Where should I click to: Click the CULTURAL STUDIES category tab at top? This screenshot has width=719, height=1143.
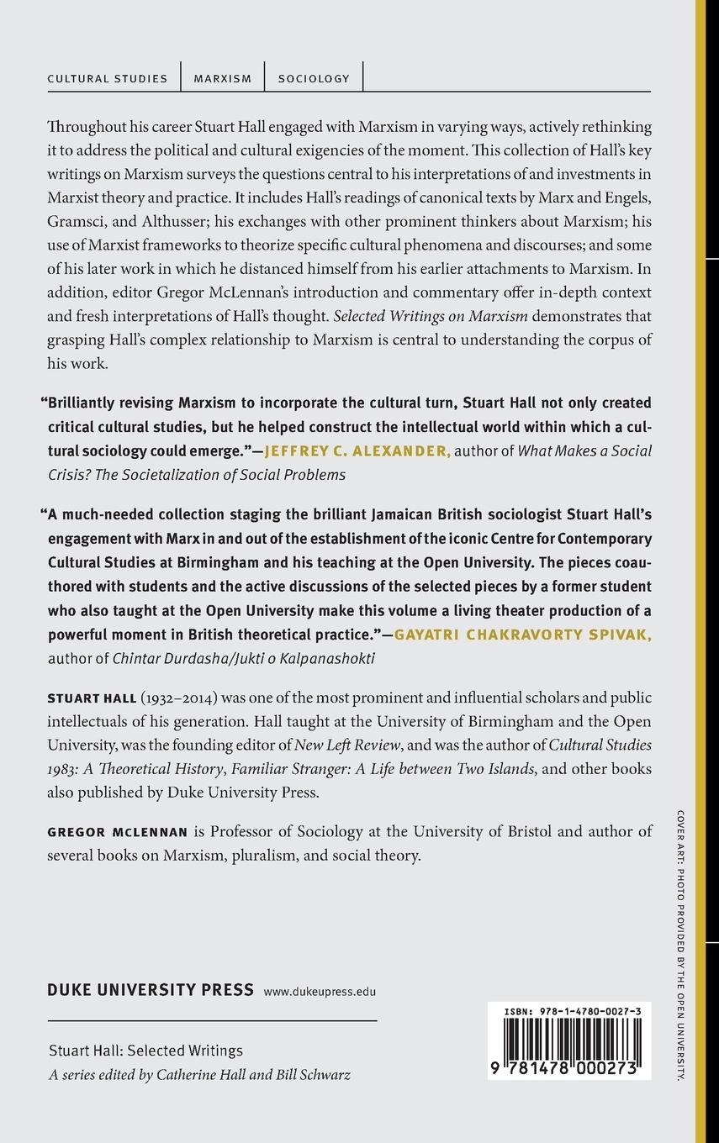coord(108,78)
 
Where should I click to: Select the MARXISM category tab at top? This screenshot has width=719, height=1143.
coord(223,78)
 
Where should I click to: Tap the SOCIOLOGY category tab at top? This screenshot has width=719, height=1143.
coord(314,78)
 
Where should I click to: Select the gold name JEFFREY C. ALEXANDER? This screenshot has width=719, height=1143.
coord(357,451)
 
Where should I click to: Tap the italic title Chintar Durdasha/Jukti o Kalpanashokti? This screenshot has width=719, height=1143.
coord(244,659)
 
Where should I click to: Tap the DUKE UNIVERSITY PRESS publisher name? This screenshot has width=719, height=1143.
coord(151,989)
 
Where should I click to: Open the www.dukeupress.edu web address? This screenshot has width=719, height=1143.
coord(320,992)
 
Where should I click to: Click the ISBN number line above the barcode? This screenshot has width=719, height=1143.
coord(569,1013)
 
